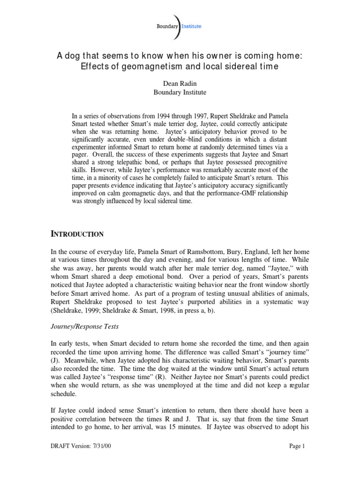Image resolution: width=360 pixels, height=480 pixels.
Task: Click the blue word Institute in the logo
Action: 192,27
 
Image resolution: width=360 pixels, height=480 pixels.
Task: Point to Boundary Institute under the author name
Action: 180,92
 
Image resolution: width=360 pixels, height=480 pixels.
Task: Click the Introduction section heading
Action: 77,233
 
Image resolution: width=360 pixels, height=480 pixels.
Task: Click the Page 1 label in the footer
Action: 297,446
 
